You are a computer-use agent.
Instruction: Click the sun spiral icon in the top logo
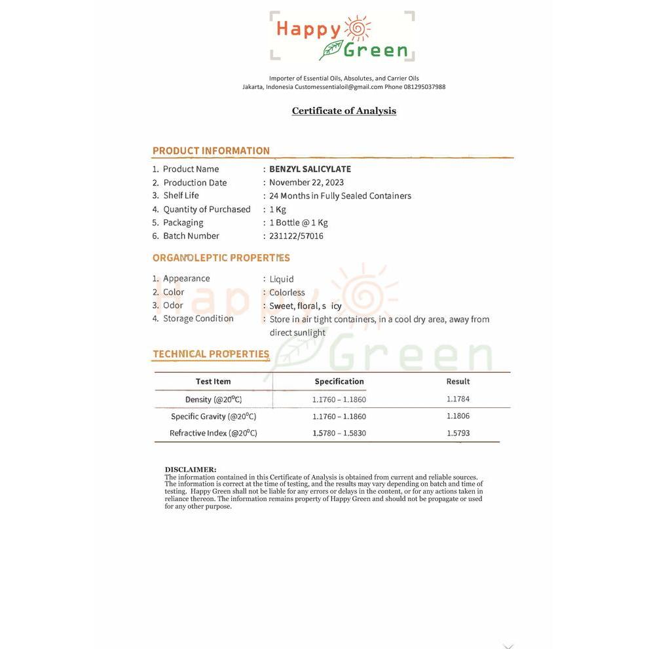click(x=358, y=28)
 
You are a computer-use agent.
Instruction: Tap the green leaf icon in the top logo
click(x=331, y=50)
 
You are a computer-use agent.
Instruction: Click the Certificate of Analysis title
click(x=344, y=111)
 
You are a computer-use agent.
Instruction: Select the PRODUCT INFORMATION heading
click(x=211, y=151)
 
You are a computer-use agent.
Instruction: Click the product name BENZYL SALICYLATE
click(x=310, y=169)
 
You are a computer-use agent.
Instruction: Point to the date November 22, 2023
click(x=306, y=183)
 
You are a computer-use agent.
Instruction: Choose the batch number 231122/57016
click(x=296, y=236)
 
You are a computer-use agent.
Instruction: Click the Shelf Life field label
click(x=181, y=196)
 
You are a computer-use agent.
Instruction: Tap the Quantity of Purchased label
click(x=206, y=210)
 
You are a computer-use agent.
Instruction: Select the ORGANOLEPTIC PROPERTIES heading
click(x=221, y=258)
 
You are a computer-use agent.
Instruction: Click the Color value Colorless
click(x=287, y=293)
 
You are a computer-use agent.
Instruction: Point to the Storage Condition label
click(x=198, y=319)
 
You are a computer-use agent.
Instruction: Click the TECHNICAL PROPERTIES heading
click(x=211, y=354)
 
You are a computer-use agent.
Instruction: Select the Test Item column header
click(x=213, y=381)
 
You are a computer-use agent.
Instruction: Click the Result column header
click(x=458, y=381)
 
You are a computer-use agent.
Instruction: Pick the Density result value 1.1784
click(x=458, y=399)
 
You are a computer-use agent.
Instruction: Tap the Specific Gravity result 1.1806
click(x=458, y=416)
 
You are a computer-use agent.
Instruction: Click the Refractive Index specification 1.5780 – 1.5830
click(x=339, y=434)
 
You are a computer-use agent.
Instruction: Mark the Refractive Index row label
click(x=213, y=434)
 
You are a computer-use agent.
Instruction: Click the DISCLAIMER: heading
click(x=190, y=470)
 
